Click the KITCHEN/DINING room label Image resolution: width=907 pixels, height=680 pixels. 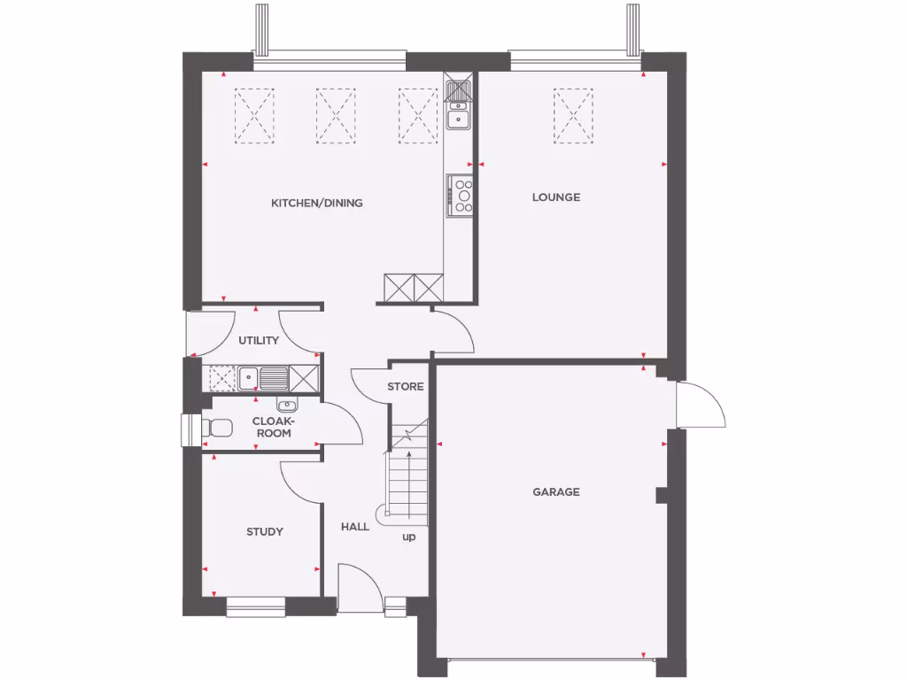click(x=316, y=203)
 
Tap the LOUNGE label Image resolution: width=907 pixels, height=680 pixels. click(x=556, y=197)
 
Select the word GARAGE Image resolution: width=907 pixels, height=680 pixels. click(x=556, y=491)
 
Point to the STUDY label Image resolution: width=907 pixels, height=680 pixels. click(x=265, y=531)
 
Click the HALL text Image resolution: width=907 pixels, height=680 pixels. click(x=355, y=527)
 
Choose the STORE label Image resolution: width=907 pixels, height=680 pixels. click(x=406, y=386)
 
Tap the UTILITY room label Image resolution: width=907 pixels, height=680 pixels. click(x=259, y=340)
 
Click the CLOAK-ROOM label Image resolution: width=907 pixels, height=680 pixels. click(x=272, y=427)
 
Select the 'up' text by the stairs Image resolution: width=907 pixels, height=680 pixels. click(x=409, y=537)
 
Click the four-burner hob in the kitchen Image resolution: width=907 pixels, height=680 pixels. click(x=461, y=195)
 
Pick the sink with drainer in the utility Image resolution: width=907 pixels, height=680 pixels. click(x=262, y=379)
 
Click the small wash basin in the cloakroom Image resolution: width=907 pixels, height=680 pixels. click(x=286, y=406)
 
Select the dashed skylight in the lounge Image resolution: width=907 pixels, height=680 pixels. click(x=573, y=115)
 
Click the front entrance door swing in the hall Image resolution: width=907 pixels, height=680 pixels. click(x=359, y=586)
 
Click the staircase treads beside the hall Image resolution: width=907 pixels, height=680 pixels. click(x=407, y=483)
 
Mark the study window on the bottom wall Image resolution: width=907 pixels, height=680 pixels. click(x=255, y=607)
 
